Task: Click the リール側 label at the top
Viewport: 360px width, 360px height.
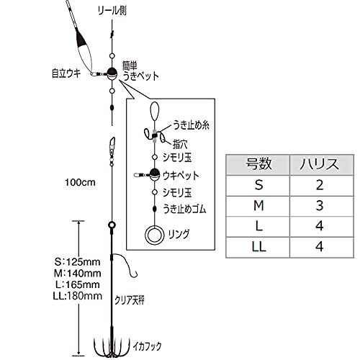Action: (x=112, y=11)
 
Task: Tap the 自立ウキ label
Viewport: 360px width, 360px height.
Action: (x=66, y=73)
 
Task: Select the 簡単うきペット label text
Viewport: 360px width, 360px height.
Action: (x=140, y=71)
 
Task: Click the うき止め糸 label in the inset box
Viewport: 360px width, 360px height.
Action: (x=191, y=125)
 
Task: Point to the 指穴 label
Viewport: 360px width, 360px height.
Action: (x=180, y=144)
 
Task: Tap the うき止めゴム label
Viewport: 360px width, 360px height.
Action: (x=184, y=209)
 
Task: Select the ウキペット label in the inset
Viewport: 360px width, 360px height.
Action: (x=181, y=176)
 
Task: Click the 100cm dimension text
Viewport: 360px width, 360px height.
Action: (x=80, y=182)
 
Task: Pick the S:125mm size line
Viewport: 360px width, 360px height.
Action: (x=77, y=262)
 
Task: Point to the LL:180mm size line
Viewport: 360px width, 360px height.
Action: (x=78, y=296)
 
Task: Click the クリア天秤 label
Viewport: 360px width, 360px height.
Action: (x=130, y=300)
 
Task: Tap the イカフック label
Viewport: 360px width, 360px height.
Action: (x=147, y=346)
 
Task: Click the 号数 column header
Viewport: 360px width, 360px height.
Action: (x=258, y=164)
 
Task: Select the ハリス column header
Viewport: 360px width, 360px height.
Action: (x=320, y=164)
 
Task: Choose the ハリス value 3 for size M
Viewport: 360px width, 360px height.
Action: (x=320, y=206)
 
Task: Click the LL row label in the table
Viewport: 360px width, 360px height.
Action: (x=258, y=246)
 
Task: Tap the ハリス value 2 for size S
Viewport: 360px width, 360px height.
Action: (x=320, y=185)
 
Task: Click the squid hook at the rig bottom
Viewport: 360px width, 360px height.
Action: (x=111, y=347)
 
